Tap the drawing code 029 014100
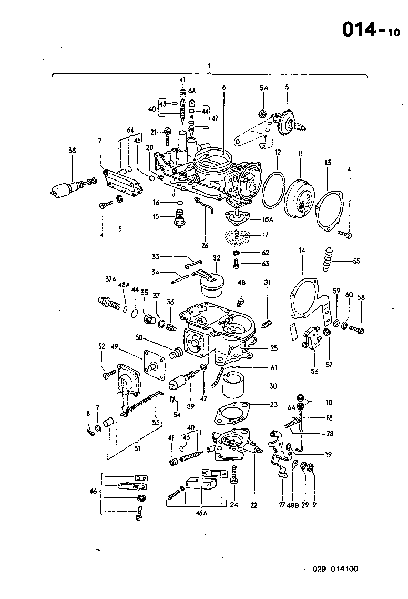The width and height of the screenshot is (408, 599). pyautogui.click(x=335, y=568)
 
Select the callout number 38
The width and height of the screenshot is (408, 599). pyautogui.click(x=73, y=151)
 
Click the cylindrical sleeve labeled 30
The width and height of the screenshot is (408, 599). pyautogui.click(x=235, y=385)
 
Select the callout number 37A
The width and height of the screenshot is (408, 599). pyautogui.click(x=109, y=279)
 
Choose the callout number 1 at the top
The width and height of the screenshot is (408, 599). pyautogui.click(x=209, y=66)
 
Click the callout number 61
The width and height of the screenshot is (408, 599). pyautogui.click(x=274, y=367)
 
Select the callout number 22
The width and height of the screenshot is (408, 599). pyautogui.click(x=254, y=505)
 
